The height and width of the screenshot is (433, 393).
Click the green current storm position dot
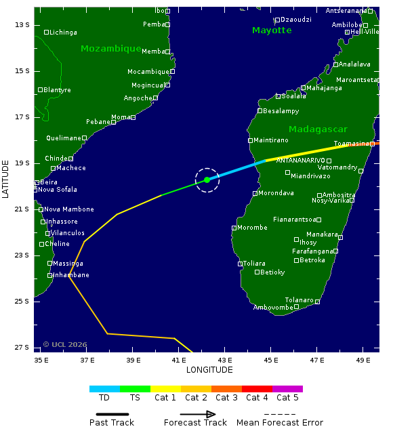207,180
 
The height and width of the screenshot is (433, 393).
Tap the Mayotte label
272,30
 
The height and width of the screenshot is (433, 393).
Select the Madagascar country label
318,129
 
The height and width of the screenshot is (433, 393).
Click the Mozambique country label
110,49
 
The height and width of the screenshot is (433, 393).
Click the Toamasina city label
351,144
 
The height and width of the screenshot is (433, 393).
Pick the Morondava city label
276,193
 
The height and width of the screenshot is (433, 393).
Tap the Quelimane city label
63,138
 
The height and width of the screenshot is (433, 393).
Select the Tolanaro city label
299,300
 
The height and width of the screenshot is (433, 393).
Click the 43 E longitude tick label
225,360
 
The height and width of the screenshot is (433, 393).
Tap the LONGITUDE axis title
209,370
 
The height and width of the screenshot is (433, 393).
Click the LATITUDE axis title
6,179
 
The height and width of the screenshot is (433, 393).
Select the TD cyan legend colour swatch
104,389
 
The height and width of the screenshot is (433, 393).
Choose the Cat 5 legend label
287,398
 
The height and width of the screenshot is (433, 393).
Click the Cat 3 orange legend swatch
226,389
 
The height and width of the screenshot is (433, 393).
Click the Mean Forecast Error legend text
279,423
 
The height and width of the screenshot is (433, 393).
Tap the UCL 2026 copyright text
65,345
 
